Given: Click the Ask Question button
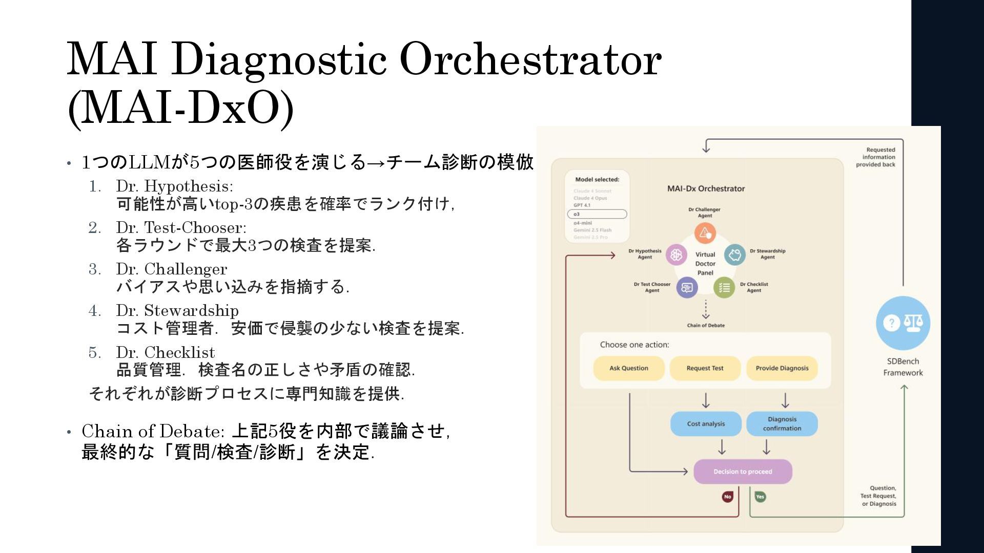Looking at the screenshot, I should pyautogui.click(x=628, y=368).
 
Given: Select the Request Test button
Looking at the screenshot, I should pyautogui.click(x=705, y=368).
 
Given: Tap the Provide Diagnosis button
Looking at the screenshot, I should pyautogui.click(x=782, y=368).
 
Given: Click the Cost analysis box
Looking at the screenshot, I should pyautogui.click(x=706, y=423).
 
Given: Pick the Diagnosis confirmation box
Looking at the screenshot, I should pyautogui.click(x=782, y=423).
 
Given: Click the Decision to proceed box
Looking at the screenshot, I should pyautogui.click(x=743, y=472).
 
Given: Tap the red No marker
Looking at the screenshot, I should pyautogui.click(x=727, y=497).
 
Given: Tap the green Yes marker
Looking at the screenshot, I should pyautogui.click(x=760, y=497).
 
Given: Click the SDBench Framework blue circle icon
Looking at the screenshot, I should pyautogui.click(x=903, y=323).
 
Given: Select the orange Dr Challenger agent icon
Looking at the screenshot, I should pyautogui.click(x=705, y=233).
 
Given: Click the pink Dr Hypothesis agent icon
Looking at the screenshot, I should pyautogui.click(x=676, y=254).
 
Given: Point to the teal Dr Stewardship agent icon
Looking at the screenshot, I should pyautogui.click(x=734, y=254).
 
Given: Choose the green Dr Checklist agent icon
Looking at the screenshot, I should pyautogui.click(x=724, y=288).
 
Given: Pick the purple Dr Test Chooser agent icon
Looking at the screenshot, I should pyautogui.click(x=687, y=288).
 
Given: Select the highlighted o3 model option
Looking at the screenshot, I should pyautogui.click(x=597, y=214).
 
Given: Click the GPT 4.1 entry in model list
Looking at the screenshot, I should pyautogui.click(x=582, y=205).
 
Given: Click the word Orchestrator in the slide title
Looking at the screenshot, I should pyautogui.click(x=530, y=59).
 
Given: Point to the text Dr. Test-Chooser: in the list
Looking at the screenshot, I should pyautogui.click(x=181, y=227).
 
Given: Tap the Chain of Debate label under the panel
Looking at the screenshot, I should pyautogui.click(x=706, y=326).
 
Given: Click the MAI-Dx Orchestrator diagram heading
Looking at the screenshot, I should pyautogui.click(x=706, y=188).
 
